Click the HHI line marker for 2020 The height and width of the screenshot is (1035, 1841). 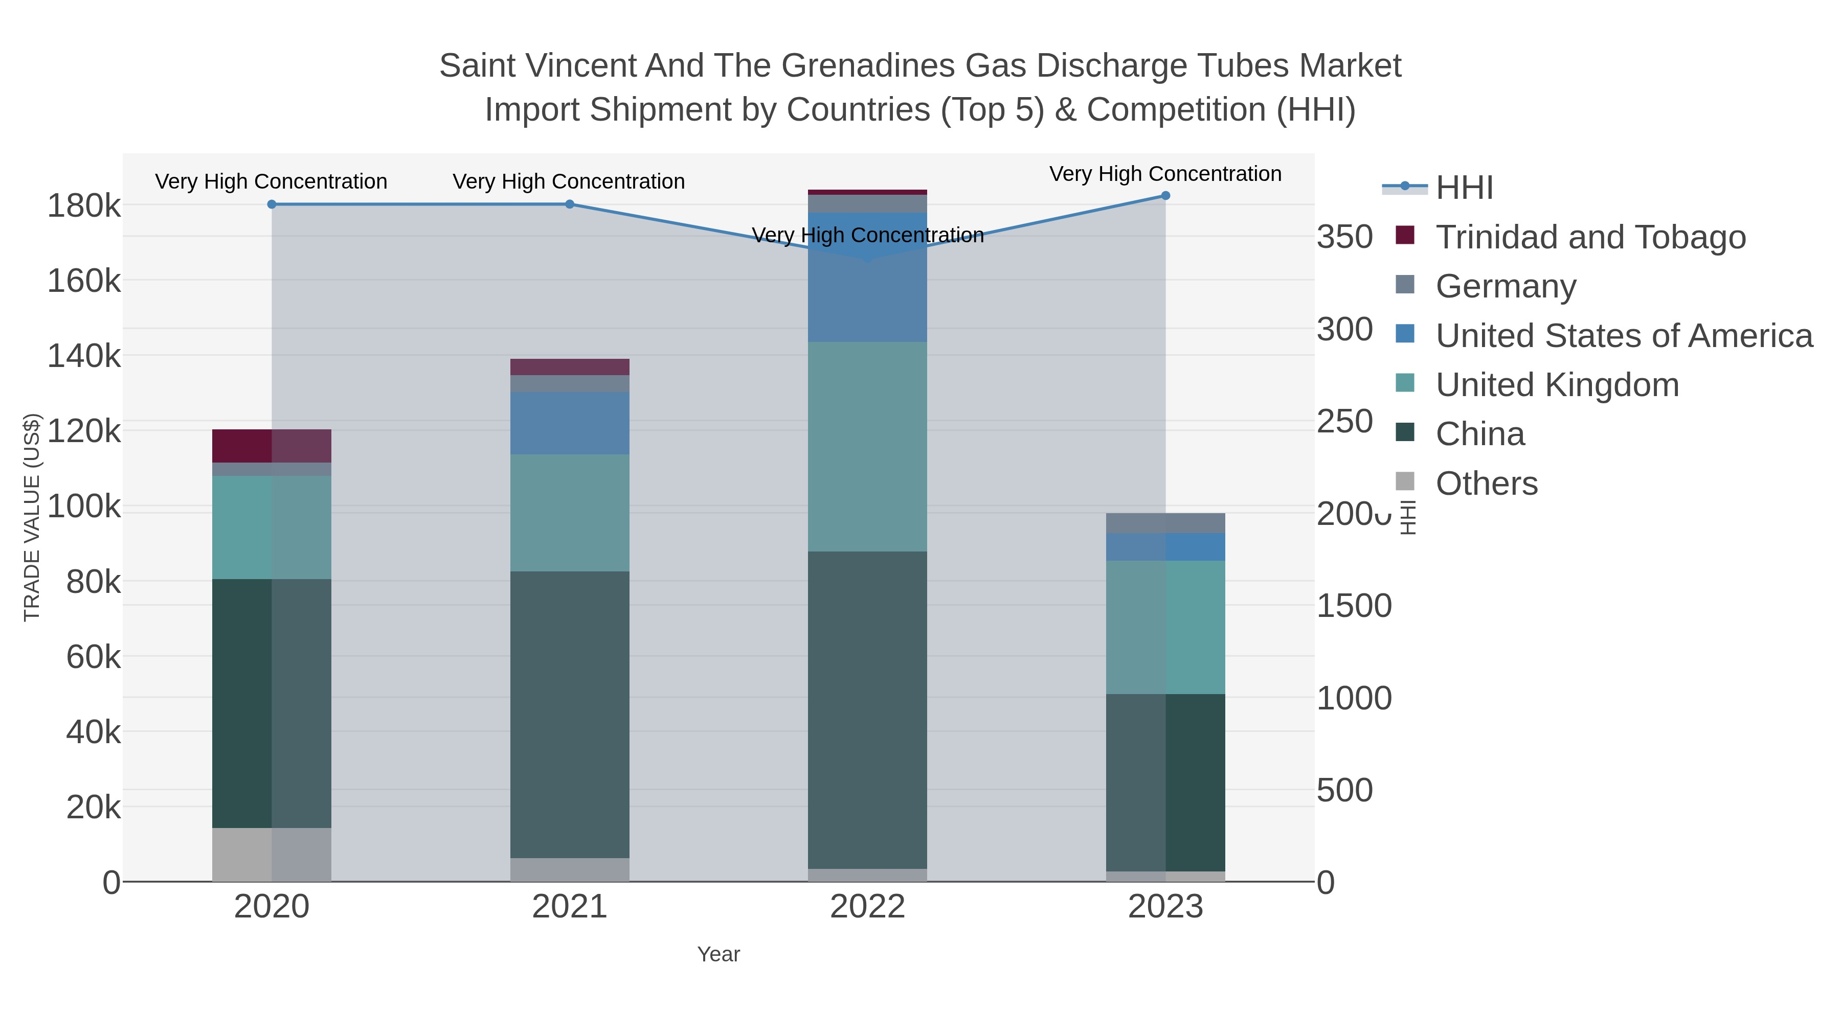272,204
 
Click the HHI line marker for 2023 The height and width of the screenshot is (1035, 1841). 1165,196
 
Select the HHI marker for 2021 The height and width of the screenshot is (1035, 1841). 570,204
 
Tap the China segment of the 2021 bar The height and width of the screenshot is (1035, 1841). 570,715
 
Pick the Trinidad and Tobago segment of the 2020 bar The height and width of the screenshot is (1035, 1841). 272,446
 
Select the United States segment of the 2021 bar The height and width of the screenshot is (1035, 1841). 570,423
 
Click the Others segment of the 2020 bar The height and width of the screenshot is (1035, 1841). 272,854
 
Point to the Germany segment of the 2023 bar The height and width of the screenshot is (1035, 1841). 1165,523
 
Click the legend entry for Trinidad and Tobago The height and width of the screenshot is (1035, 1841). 1590,237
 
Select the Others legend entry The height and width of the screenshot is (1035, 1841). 1486,484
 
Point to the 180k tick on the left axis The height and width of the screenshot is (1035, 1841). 84,206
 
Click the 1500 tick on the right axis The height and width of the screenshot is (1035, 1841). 1354,606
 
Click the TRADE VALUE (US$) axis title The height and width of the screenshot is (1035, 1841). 32,517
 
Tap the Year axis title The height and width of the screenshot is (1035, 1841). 719,954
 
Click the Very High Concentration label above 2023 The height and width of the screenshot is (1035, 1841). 1165,174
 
